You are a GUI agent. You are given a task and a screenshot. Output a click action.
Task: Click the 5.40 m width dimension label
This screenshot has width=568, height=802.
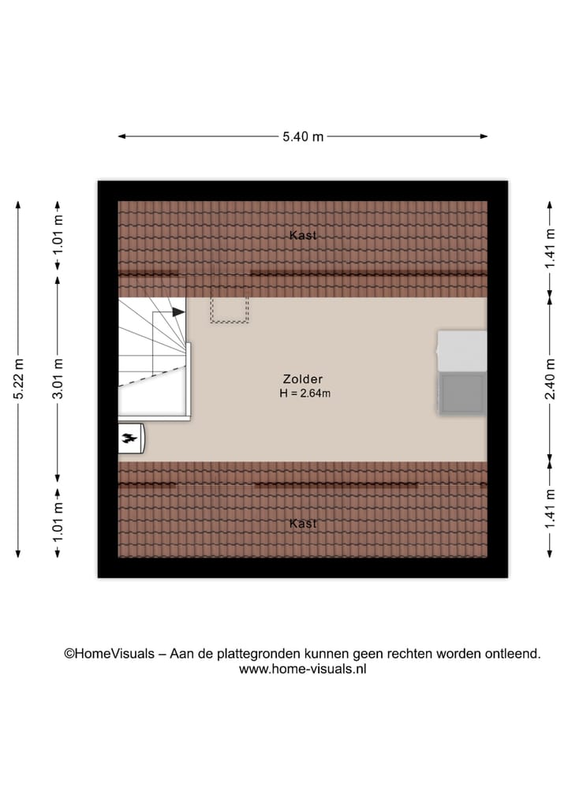tap(303, 136)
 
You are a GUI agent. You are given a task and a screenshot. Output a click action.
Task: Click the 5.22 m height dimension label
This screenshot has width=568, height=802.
tap(19, 379)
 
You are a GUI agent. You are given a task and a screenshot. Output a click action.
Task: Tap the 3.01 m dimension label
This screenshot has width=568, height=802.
tap(58, 379)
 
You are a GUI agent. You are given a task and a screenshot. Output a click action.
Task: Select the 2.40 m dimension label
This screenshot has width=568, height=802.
tap(550, 379)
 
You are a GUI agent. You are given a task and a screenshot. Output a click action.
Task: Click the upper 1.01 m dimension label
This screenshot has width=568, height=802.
tap(58, 234)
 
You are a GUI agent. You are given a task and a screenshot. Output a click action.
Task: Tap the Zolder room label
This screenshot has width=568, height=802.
tap(304, 379)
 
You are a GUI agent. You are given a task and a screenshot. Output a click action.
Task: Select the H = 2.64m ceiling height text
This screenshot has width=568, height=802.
tap(305, 393)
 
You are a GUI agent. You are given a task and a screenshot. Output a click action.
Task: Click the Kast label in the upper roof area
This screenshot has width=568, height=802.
tap(303, 235)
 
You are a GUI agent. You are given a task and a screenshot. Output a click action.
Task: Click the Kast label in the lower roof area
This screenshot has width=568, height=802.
tap(303, 524)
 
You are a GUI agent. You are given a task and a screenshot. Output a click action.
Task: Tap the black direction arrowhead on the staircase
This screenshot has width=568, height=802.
tap(178, 311)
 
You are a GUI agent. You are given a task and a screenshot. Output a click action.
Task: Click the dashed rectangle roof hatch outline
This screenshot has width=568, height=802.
tap(229, 309)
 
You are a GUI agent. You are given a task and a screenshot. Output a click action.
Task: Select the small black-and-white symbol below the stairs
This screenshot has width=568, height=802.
tap(130, 438)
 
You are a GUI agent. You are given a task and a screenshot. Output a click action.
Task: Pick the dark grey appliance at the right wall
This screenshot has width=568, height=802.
tap(462, 393)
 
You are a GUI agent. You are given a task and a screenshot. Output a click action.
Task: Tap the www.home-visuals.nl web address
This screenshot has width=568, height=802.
tap(303, 669)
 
